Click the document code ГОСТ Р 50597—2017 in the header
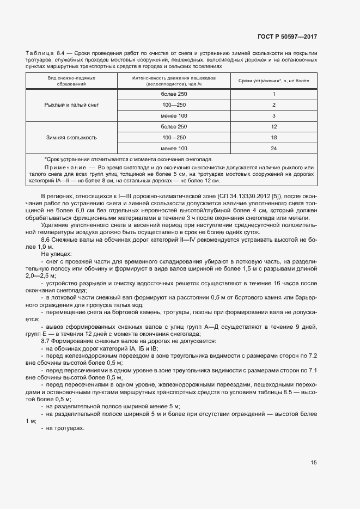tap(287, 37)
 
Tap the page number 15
tap(314, 463)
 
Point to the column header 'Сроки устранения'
tap(274, 81)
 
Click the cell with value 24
tap(274, 149)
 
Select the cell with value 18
tap(274, 138)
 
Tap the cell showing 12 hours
tap(274, 127)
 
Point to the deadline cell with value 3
tap(274, 115)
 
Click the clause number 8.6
tap(46, 238)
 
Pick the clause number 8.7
tap(46, 340)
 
